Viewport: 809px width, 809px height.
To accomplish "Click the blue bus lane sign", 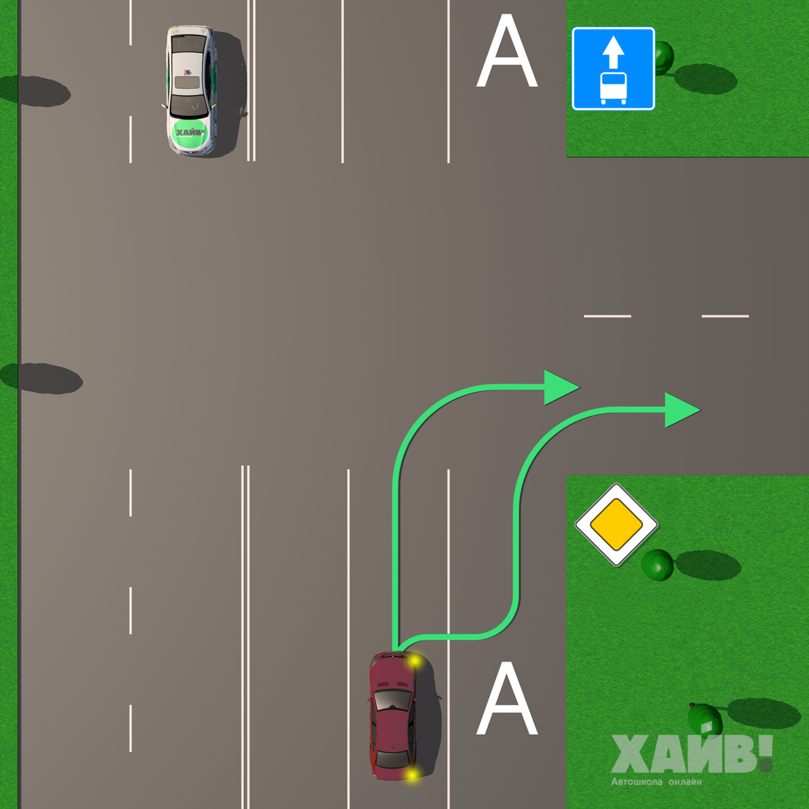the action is pyautogui.click(x=613, y=69).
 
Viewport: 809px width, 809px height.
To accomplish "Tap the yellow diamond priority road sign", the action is pyautogui.click(x=616, y=525).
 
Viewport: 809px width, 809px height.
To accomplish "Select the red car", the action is pyautogui.click(x=393, y=716).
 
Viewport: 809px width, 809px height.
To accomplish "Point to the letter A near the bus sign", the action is pyautogui.click(x=507, y=53).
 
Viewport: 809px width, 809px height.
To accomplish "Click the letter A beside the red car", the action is pyautogui.click(x=507, y=699).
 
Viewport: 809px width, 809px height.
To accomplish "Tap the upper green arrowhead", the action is pyautogui.click(x=560, y=388).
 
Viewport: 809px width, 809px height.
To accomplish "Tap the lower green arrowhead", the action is pyautogui.click(x=681, y=410).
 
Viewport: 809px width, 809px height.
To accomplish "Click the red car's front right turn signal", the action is pyautogui.click(x=414, y=662).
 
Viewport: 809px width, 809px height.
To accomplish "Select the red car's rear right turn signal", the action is pyautogui.click(x=411, y=775).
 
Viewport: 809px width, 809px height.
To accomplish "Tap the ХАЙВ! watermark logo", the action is pyautogui.click(x=691, y=754).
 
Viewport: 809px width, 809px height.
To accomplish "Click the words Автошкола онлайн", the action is pyautogui.click(x=656, y=782).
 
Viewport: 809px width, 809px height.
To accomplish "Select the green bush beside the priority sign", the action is pyautogui.click(x=657, y=564).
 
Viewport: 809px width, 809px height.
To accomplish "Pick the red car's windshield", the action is pyautogui.click(x=392, y=699).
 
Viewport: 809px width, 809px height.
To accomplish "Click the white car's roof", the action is pyautogui.click(x=187, y=74).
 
